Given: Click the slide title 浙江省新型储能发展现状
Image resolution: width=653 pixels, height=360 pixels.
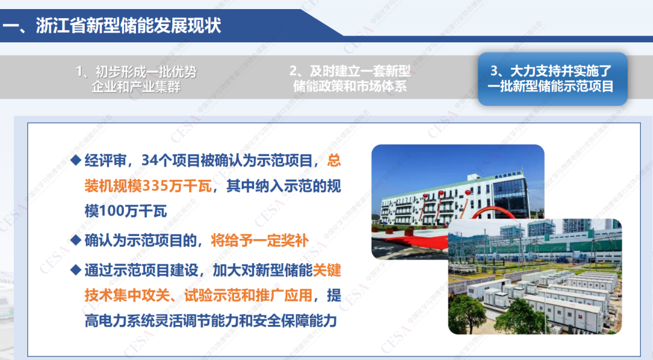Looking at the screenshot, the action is [x=128, y=25].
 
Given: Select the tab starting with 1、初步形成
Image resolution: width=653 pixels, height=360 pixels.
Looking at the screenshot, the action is [x=136, y=79].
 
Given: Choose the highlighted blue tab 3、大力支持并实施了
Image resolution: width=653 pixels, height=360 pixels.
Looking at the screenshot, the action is [x=553, y=79].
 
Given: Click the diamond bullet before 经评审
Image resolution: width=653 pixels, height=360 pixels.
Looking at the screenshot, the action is [x=76, y=160].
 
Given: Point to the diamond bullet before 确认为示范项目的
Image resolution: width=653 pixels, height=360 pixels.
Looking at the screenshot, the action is [x=76, y=240].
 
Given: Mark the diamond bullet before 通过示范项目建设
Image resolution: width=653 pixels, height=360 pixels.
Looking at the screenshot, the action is [x=76, y=270].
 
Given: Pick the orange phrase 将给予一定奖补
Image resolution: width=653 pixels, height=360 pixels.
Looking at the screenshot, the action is [x=260, y=240].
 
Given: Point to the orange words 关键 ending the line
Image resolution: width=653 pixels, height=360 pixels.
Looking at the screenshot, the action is [x=327, y=270].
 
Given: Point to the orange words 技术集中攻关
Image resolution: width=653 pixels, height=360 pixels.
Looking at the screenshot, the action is [x=127, y=295].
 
